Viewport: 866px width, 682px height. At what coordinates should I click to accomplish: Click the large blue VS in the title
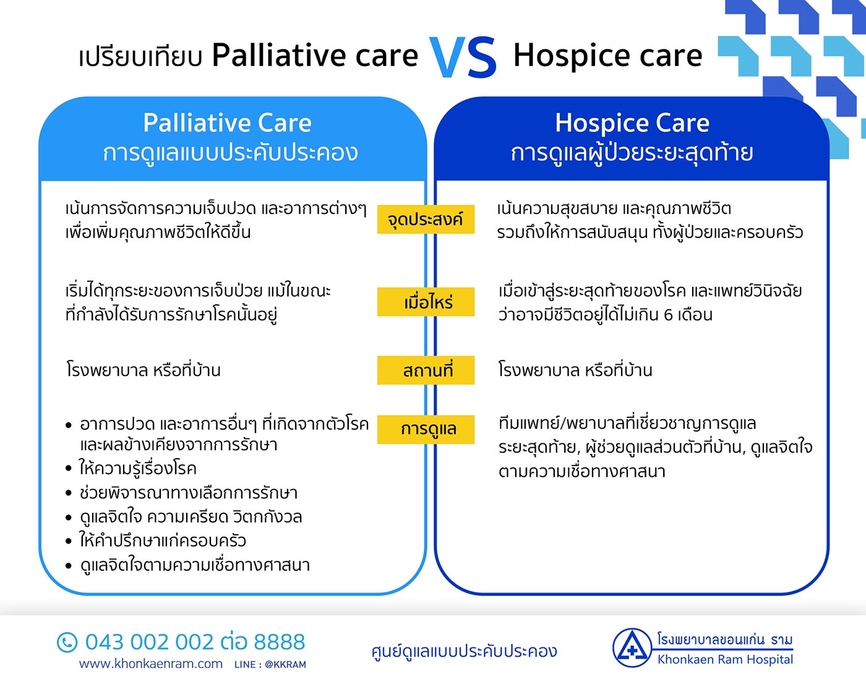point(463,58)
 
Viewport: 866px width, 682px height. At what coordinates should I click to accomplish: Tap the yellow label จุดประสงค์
point(426,220)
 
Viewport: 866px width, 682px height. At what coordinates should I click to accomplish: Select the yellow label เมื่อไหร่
point(426,302)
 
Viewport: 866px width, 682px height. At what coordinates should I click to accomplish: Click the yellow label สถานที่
point(426,370)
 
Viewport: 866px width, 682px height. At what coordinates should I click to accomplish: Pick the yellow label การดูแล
point(426,429)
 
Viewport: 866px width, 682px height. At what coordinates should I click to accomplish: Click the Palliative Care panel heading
point(227,123)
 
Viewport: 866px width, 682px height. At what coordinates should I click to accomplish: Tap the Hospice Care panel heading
point(632,123)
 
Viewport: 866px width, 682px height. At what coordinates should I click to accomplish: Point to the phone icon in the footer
point(67,642)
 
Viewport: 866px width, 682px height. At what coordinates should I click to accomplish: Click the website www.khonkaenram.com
point(151,664)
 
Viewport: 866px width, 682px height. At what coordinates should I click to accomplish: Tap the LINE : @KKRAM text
point(270,665)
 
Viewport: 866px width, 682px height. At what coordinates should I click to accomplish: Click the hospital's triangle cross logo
point(632,649)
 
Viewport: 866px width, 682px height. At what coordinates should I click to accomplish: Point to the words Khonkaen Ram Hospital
point(725,660)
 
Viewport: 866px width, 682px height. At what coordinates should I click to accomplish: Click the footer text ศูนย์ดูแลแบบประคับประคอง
point(464,651)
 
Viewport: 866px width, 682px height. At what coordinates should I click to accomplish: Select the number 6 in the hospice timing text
point(668,315)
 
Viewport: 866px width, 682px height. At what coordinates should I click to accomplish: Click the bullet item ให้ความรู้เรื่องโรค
point(137,469)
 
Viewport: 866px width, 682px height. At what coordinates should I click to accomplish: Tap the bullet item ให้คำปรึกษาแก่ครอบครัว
point(162,541)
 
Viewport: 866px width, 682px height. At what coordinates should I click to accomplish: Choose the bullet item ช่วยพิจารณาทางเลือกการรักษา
point(188,493)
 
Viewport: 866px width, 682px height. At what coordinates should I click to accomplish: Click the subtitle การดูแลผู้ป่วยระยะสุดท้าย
point(632,153)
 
